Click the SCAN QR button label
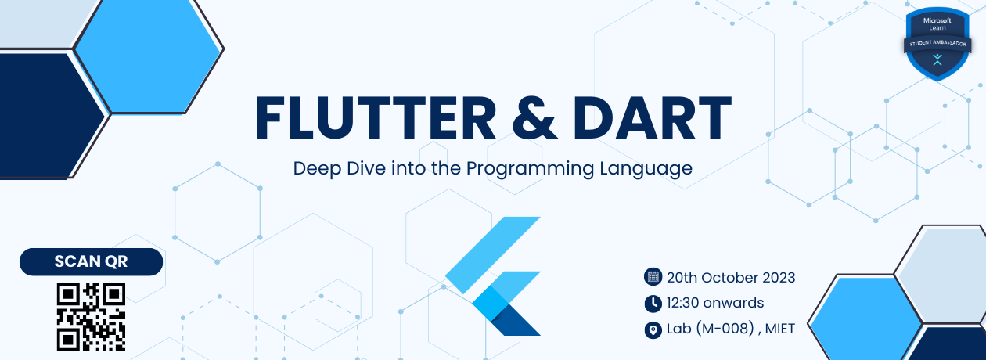coord(91,262)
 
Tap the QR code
coord(91,316)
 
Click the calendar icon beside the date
coord(652,277)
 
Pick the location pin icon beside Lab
coord(652,329)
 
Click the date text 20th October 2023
coord(731,277)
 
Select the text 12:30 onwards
coord(714,303)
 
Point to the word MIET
coord(779,329)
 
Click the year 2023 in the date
coord(778,277)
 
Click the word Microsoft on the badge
coord(937,19)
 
